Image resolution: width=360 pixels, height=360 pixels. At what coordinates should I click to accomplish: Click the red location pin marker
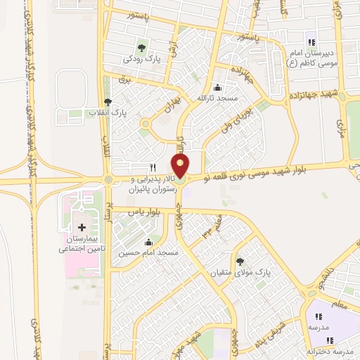click(181, 166)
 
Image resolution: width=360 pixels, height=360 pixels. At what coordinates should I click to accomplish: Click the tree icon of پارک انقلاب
click(107, 102)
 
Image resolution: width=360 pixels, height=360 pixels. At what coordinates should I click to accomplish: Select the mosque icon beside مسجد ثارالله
click(217, 89)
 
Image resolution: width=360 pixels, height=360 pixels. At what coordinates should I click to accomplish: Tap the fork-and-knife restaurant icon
click(153, 168)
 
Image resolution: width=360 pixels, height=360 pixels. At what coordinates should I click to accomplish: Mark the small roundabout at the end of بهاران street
click(146, 124)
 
